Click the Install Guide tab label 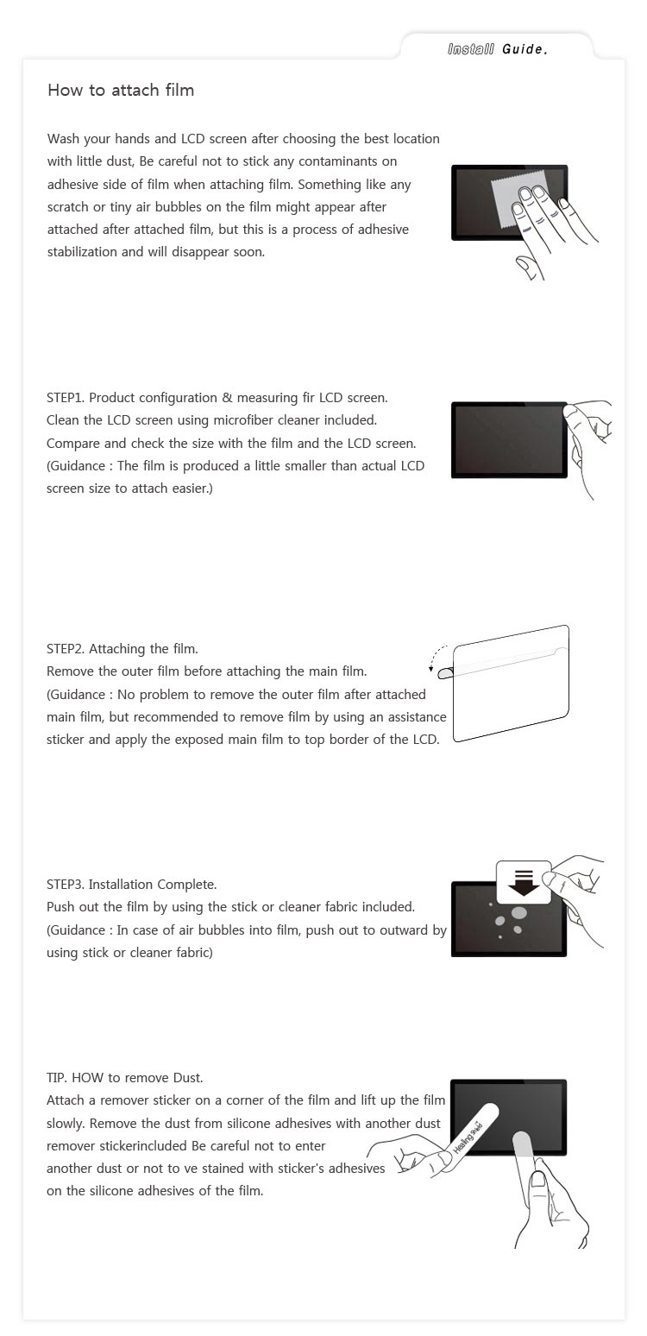click(498, 49)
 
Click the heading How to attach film click(121, 90)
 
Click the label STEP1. click(66, 398)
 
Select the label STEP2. click(66, 649)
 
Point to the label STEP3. click(66, 885)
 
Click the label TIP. click(56, 1078)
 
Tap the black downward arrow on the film click(524, 883)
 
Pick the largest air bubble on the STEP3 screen click(518, 912)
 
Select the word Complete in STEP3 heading click(185, 885)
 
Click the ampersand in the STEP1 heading click(228, 398)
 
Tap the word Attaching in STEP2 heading click(117, 649)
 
